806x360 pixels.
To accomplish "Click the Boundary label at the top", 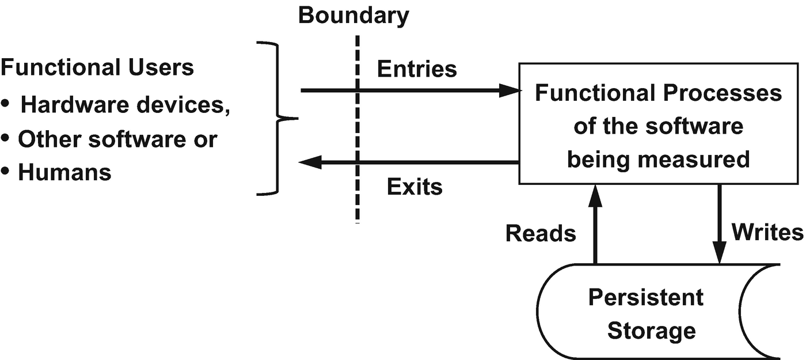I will click(353, 16).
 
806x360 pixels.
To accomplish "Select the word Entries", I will click(417, 69).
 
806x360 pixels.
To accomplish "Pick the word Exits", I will click(415, 187).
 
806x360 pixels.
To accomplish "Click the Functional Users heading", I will click(97, 68).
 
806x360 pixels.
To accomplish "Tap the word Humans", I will click(64, 173).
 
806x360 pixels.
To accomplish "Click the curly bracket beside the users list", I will click(279, 119).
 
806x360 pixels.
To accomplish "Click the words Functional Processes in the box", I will click(658, 93).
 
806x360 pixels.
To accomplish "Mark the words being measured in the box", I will click(658, 159).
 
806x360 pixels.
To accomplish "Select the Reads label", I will click(541, 233).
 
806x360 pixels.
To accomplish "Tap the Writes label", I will click(767, 232).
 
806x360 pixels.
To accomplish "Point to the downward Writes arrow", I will click(720, 225).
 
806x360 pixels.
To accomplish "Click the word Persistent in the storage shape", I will click(645, 298).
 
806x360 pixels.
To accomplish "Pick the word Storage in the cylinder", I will click(651, 331).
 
